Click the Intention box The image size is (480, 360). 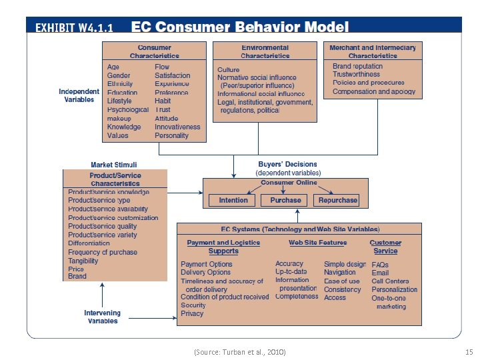[233, 200]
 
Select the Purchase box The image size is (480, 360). [285, 200]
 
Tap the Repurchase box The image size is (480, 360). [337, 200]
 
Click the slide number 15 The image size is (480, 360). [468, 351]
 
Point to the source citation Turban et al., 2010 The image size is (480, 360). [239, 351]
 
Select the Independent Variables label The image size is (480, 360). [79, 95]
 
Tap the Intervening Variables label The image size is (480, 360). [102, 317]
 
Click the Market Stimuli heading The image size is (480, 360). [114, 165]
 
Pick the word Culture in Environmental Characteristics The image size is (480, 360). [229, 69]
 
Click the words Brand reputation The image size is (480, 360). [358, 66]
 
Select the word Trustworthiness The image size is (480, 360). [356, 75]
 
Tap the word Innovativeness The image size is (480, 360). [177, 127]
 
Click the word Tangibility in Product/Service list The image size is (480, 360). [83, 261]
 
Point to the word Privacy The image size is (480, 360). [192, 313]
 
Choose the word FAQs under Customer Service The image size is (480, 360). [380, 265]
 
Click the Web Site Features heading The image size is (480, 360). [318, 243]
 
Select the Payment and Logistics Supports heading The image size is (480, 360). [223, 247]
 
